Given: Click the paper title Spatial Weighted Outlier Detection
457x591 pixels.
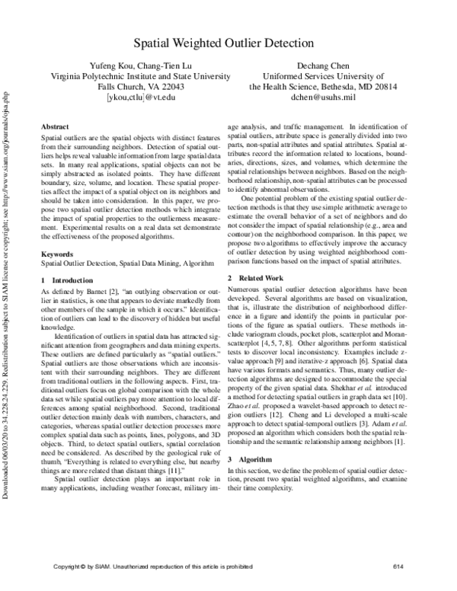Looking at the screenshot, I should pyautogui.click(x=228, y=43).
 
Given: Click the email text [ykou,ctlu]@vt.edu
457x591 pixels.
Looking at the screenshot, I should pyautogui.click(x=141, y=97).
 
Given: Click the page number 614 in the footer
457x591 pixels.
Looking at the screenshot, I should pyautogui.click(x=397, y=567).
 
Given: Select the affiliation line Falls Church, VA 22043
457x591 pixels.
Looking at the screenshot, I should pyautogui.click(x=141, y=87).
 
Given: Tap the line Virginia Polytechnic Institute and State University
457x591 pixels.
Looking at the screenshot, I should pyautogui.click(x=141, y=76).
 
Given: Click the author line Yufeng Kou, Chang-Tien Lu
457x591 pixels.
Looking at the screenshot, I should pyautogui.click(x=141, y=65).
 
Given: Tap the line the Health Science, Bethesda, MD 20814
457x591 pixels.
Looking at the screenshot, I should pyautogui.click(x=323, y=87).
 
